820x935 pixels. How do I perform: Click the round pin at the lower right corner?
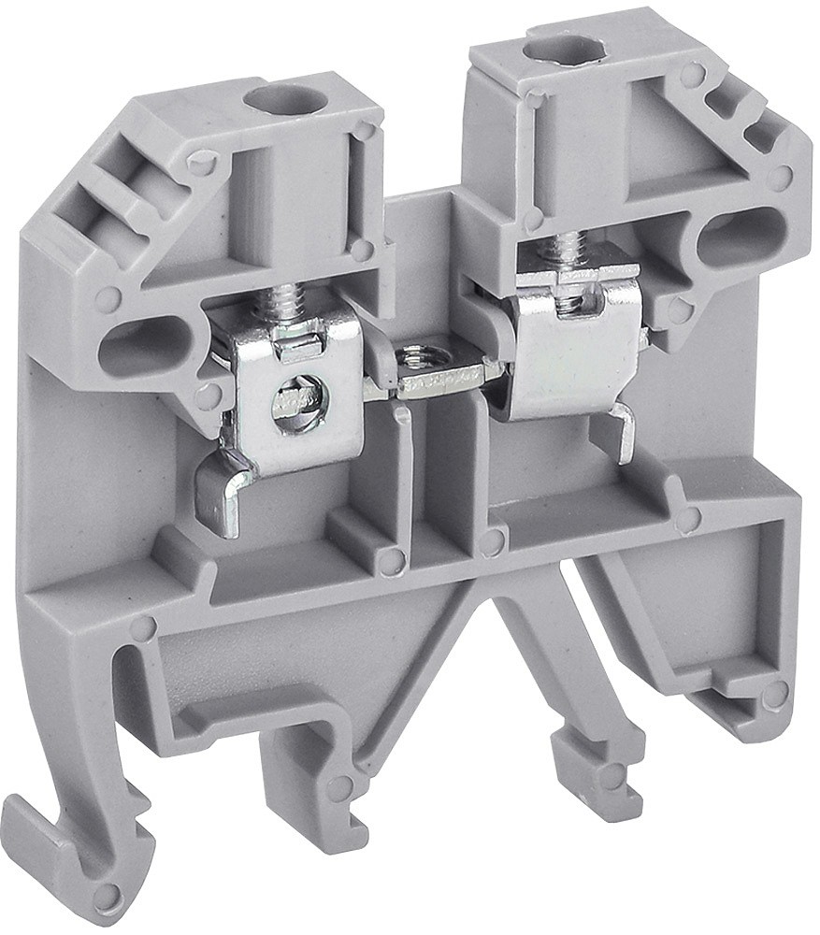774,695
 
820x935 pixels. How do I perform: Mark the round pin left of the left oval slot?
108,299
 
